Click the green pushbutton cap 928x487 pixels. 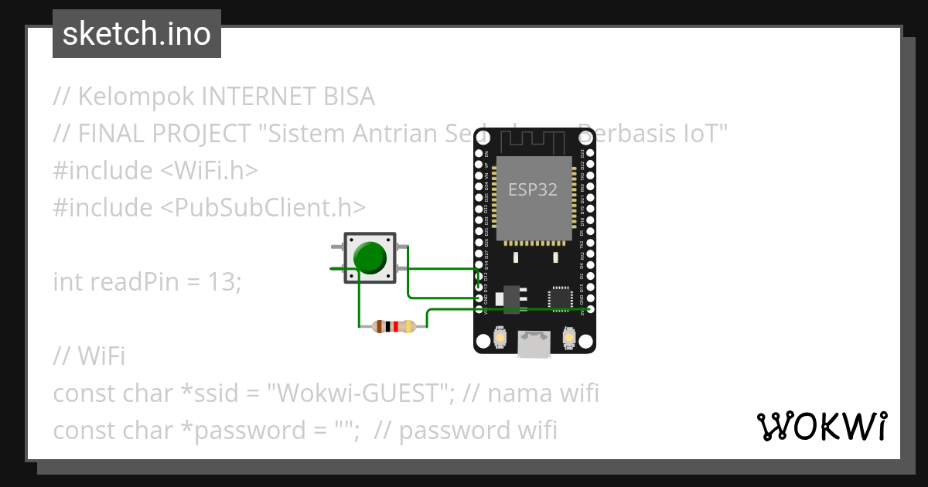(x=370, y=257)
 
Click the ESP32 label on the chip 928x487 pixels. (x=533, y=189)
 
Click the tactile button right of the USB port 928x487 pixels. (x=569, y=339)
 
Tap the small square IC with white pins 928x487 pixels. (x=560, y=298)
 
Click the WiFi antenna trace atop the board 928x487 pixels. (x=534, y=141)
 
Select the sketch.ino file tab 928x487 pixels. (x=137, y=34)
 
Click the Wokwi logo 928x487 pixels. (x=821, y=426)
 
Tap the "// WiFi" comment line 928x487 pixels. (x=89, y=356)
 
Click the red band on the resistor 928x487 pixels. (x=395, y=326)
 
